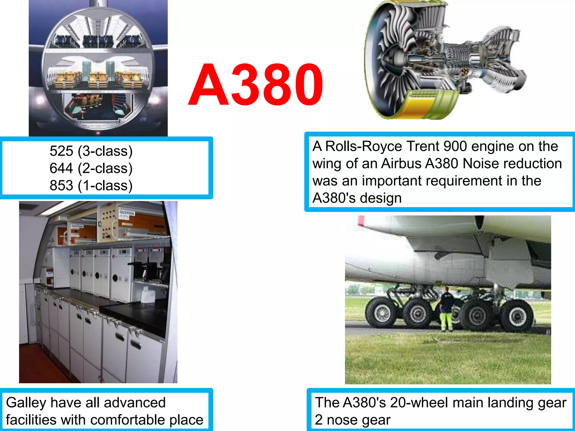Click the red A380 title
pos(255,85)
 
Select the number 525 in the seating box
pos(61,151)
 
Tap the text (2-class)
pos(105,168)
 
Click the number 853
pos(61,185)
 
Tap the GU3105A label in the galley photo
pos(127,213)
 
